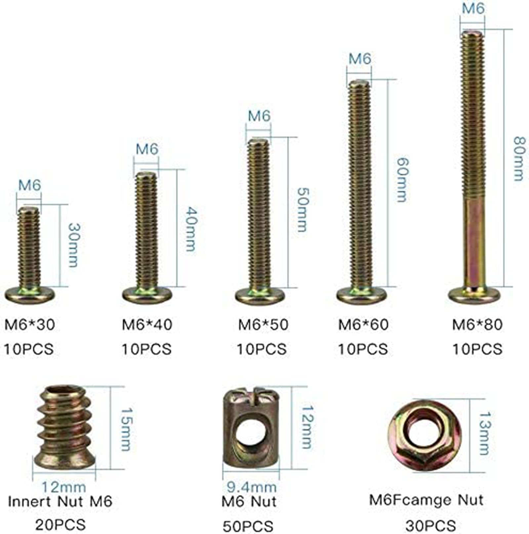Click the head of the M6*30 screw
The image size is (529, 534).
[29, 294]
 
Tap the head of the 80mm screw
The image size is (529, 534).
[474, 295]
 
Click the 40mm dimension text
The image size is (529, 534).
[191, 229]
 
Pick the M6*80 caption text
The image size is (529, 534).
[477, 324]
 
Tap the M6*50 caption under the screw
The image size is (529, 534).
[263, 324]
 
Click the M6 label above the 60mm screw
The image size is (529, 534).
[360, 59]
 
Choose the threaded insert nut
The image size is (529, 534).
[65, 427]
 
